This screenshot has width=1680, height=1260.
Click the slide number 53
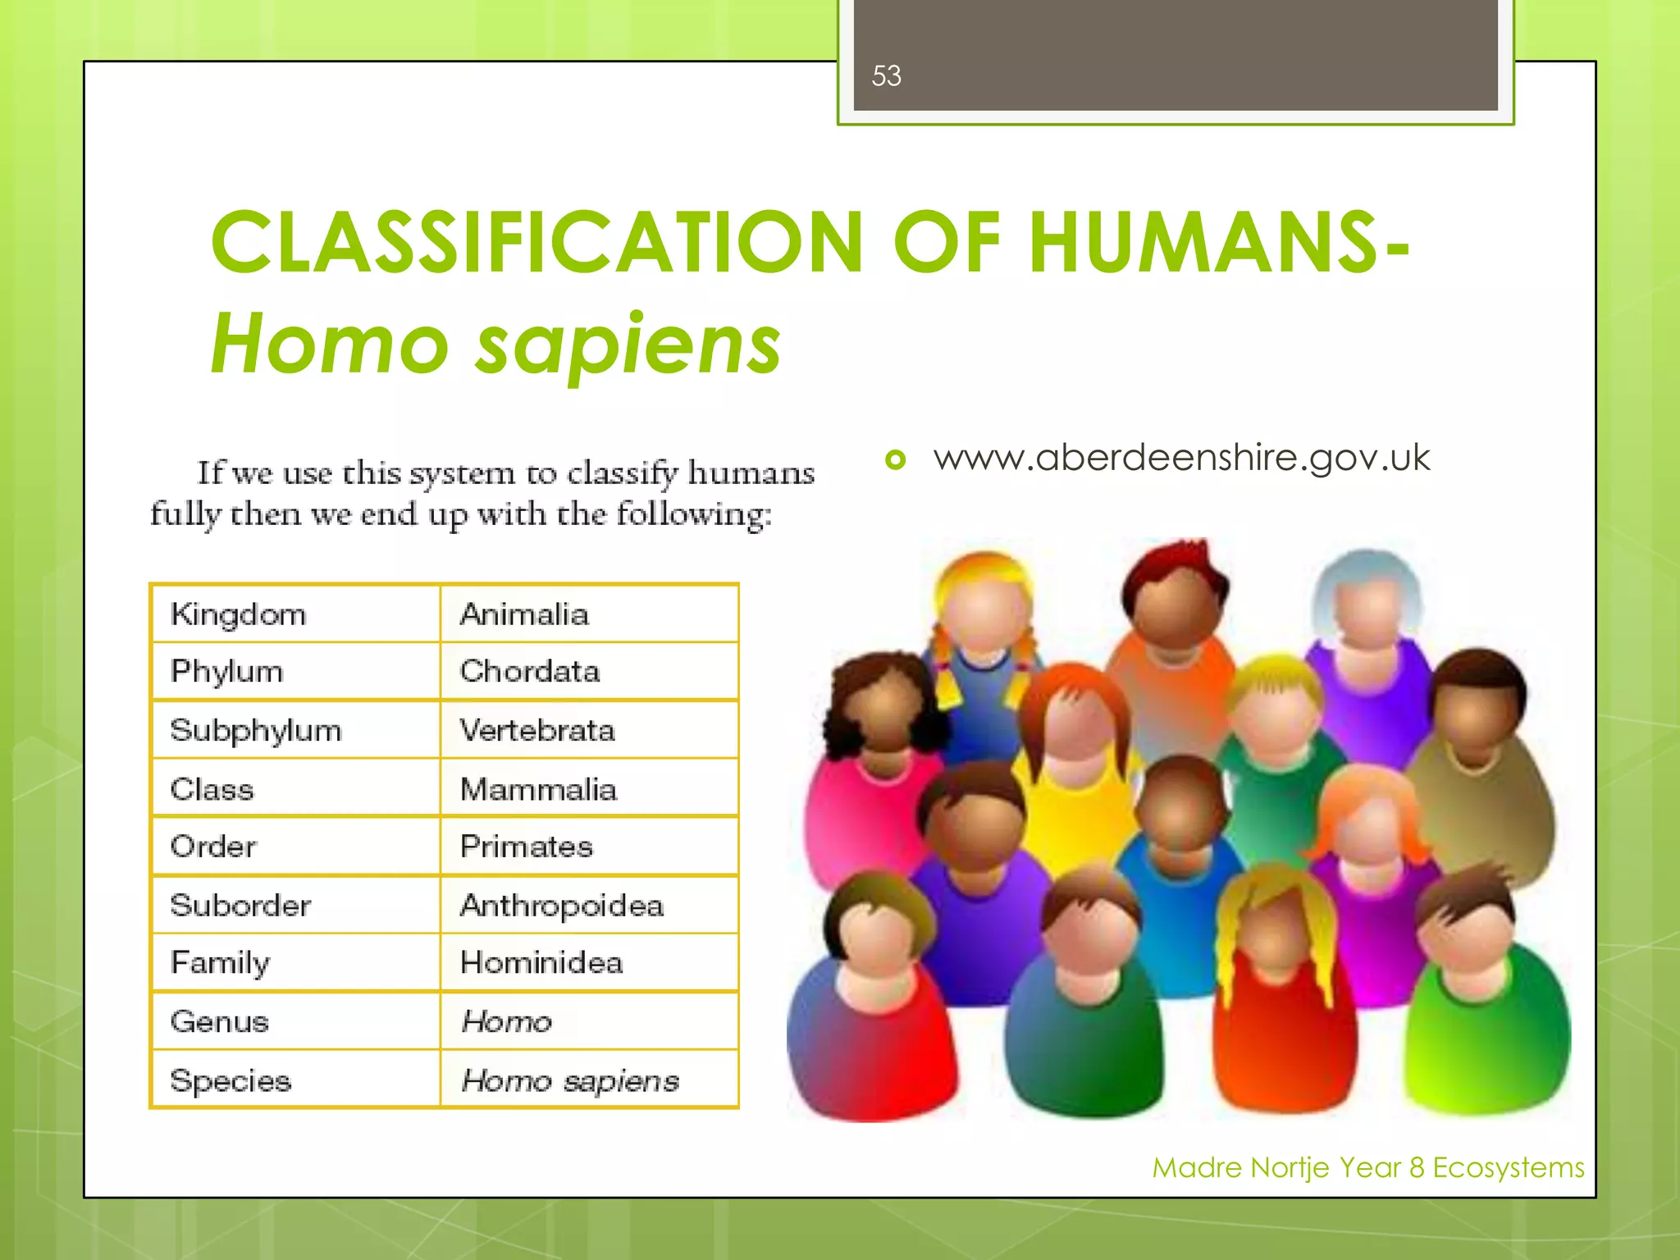(x=886, y=76)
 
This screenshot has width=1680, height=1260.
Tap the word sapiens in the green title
(x=628, y=345)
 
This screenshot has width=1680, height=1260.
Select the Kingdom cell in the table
(x=238, y=614)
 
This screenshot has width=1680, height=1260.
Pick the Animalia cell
(x=524, y=614)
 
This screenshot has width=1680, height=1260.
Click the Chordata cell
(x=530, y=672)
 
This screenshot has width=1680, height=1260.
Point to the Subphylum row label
(x=255, y=730)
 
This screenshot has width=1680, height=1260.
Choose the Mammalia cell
(x=538, y=789)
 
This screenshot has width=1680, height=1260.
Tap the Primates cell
(x=527, y=847)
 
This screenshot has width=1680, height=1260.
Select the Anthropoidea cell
(x=562, y=906)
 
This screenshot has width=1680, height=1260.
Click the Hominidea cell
(x=541, y=962)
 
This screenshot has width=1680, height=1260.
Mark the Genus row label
(x=220, y=1021)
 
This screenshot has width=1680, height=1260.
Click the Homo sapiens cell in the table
(x=570, y=1080)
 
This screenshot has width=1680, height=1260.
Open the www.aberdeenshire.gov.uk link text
(x=1181, y=458)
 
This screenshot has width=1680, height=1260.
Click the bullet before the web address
(x=896, y=459)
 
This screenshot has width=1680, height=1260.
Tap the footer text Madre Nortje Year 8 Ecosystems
(x=1367, y=1167)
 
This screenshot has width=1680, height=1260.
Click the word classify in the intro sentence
(x=623, y=473)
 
